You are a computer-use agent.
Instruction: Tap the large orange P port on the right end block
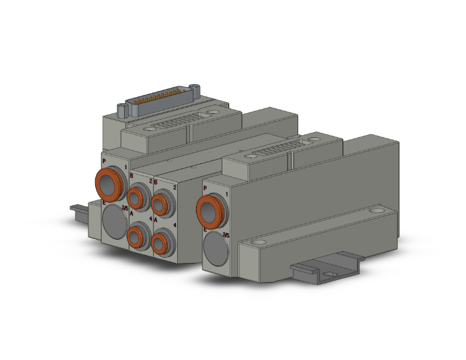210,208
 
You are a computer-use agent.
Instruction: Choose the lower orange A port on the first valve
136,237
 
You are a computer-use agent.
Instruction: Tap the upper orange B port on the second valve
162,202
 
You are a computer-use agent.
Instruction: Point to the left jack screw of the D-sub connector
123,113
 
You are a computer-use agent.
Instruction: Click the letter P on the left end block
104,161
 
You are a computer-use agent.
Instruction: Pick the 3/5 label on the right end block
225,235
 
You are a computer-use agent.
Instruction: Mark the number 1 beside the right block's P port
225,195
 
